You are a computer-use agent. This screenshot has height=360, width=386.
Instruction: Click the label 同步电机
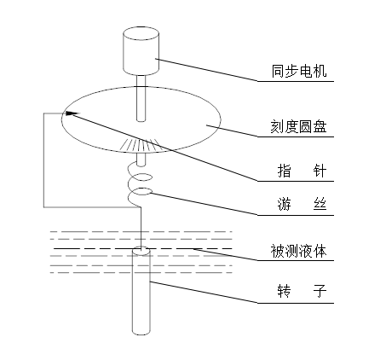[x=299, y=71]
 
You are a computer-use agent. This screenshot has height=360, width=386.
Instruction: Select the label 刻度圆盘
[x=298, y=126]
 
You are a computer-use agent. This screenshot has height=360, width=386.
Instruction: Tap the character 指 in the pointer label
[x=285, y=171]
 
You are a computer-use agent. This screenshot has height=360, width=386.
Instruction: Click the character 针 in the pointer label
[x=320, y=171]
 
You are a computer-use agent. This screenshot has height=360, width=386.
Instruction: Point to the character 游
[x=285, y=204]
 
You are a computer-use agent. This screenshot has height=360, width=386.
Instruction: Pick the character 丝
[x=320, y=204]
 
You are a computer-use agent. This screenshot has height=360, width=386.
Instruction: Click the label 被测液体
[x=298, y=251]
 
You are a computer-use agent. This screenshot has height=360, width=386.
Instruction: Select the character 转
[x=285, y=291]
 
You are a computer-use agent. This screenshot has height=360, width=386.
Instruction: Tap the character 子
[x=320, y=291]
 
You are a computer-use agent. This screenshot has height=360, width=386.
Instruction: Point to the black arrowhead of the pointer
[x=72, y=113]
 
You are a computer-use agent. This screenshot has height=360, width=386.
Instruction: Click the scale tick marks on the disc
[x=140, y=145]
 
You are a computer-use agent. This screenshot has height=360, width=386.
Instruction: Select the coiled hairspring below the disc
[x=140, y=183]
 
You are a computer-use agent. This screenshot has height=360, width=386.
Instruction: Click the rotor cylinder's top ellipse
[x=141, y=251]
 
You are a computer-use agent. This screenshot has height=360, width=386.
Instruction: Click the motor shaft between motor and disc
[x=141, y=98]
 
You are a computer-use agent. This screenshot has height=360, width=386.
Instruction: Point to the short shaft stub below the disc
[x=141, y=160]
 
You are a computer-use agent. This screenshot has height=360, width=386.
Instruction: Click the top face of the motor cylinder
[x=141, y=33]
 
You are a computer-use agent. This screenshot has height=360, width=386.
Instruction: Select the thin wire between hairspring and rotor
[x=141, y=229]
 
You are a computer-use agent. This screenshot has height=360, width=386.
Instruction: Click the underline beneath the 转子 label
[x=296, y=303]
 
